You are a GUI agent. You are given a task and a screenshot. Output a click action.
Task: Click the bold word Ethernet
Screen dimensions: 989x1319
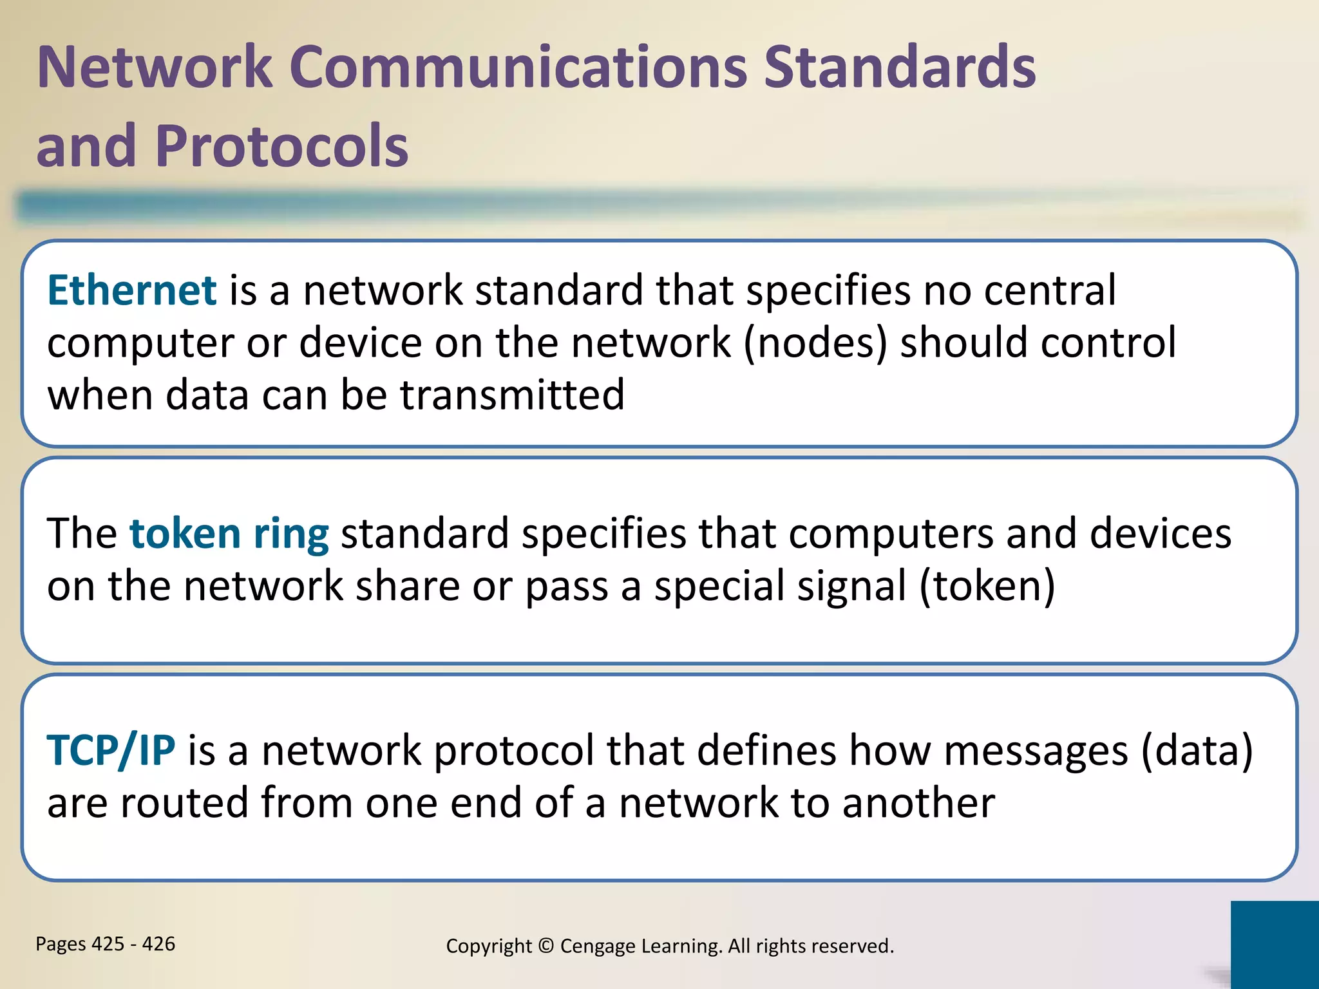131,290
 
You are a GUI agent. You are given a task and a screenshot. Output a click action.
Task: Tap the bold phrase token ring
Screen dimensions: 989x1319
229,534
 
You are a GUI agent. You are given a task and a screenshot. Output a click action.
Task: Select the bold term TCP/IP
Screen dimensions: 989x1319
111,751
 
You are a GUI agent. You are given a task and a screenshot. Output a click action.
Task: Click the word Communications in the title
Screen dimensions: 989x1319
518,67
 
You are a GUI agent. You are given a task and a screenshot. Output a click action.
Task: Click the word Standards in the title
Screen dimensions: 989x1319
899,67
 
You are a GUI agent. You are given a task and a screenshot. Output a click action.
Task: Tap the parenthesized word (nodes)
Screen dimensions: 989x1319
815,343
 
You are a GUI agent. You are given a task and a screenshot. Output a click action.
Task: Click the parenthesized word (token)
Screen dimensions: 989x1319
987,587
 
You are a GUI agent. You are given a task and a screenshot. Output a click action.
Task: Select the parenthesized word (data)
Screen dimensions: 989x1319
1197,751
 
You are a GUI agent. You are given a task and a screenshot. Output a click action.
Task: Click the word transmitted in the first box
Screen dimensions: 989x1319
513,395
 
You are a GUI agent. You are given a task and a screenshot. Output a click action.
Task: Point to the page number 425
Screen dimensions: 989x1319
108,944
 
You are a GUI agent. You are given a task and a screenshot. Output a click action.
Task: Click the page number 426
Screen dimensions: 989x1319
158,944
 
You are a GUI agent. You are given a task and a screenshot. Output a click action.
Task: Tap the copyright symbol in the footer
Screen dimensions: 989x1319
546,946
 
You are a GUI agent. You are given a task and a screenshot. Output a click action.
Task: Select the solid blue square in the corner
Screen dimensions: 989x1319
1275,945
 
